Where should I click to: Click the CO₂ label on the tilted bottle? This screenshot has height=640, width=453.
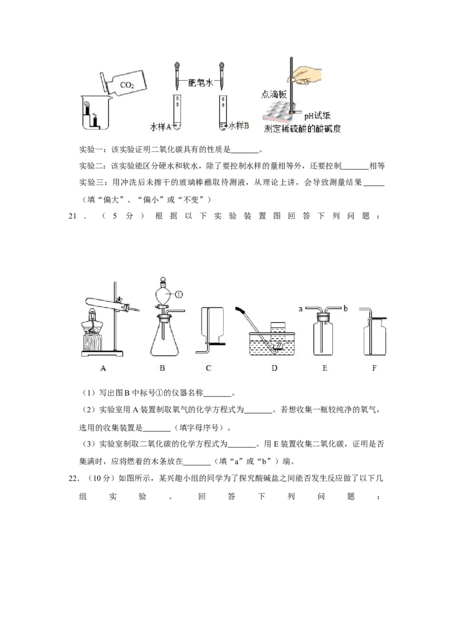(127, 85)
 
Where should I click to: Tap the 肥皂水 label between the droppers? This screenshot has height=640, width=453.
(200, 83)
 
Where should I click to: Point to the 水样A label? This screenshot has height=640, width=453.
(161, 127)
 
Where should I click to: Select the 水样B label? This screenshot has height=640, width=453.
(238, 126)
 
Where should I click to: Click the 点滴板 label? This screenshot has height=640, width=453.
(274, 94)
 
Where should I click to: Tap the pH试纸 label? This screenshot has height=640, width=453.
(317, 116)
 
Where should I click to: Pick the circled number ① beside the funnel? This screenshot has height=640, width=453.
(179, 294)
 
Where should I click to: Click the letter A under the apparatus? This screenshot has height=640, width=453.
(103, 368)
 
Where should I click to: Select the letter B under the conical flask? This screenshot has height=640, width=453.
(163, 368)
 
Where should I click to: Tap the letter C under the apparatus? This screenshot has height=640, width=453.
(208, 368)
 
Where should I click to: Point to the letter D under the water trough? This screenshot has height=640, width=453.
(274, 368)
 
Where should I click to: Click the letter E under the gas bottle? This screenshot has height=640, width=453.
(324, 368)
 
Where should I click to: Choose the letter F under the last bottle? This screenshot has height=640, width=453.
(374, 368)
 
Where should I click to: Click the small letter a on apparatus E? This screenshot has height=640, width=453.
(301, 309)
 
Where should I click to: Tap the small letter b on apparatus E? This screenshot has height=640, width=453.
(345, 309)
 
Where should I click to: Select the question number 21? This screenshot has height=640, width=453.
(73, 217)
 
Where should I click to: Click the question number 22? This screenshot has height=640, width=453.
(73, 478)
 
